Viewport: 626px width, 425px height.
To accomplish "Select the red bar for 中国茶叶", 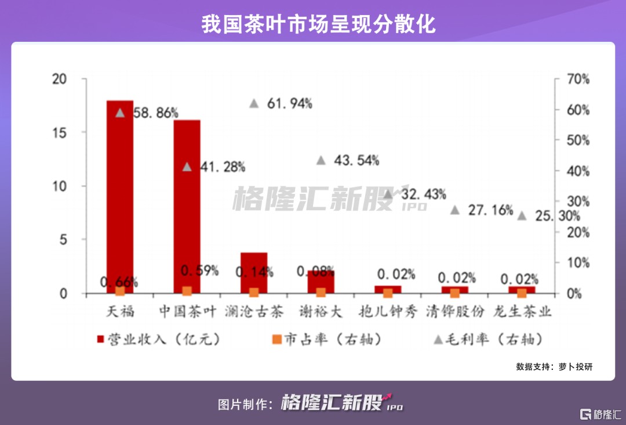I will tap(187, 203).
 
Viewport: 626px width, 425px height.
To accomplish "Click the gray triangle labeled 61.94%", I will tap(254, 103).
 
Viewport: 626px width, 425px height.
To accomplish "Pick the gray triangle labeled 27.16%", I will tap(455, 210).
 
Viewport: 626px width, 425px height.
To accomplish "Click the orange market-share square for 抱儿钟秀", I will tap(388, 293).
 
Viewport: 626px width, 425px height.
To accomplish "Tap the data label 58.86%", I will tap(155, 113).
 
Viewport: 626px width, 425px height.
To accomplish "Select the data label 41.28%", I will tap(222, 167).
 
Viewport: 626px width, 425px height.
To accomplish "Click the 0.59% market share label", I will tap(199, 271).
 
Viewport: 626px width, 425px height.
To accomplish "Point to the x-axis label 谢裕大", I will tap(321, 312).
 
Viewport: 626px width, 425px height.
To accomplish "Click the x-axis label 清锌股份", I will tap(454, 312).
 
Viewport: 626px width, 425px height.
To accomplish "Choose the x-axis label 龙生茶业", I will tap(522, 312).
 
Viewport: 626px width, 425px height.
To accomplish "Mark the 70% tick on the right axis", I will tap(577, 79).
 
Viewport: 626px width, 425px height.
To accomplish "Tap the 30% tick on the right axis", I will tap(577, 201).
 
